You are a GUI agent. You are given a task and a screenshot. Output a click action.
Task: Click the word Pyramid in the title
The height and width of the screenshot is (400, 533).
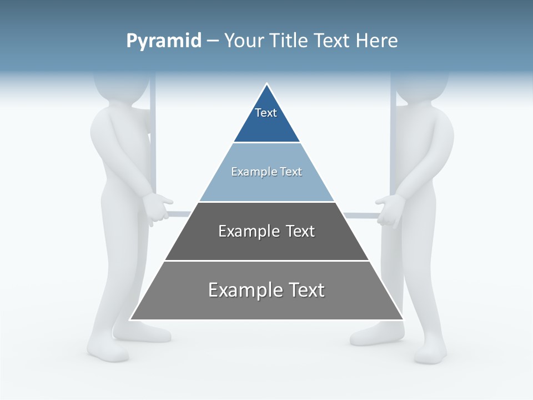click(x=164, y=41)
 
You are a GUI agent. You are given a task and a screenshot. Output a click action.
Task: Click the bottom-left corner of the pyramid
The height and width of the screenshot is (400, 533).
click(x=131, y=319)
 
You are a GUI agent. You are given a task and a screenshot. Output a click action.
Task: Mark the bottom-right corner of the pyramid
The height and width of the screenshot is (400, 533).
click(x=403, y=319)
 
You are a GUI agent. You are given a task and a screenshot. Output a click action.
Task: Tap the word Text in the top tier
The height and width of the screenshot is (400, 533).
click(x=266, y=113)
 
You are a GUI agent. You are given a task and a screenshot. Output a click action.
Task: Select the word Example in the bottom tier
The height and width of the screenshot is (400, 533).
click(x=239, y=290)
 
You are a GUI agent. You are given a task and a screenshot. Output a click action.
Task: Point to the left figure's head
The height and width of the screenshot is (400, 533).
click(x=121, y=86)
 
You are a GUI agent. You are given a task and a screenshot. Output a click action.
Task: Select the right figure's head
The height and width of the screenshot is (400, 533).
click(x=422, y=86)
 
